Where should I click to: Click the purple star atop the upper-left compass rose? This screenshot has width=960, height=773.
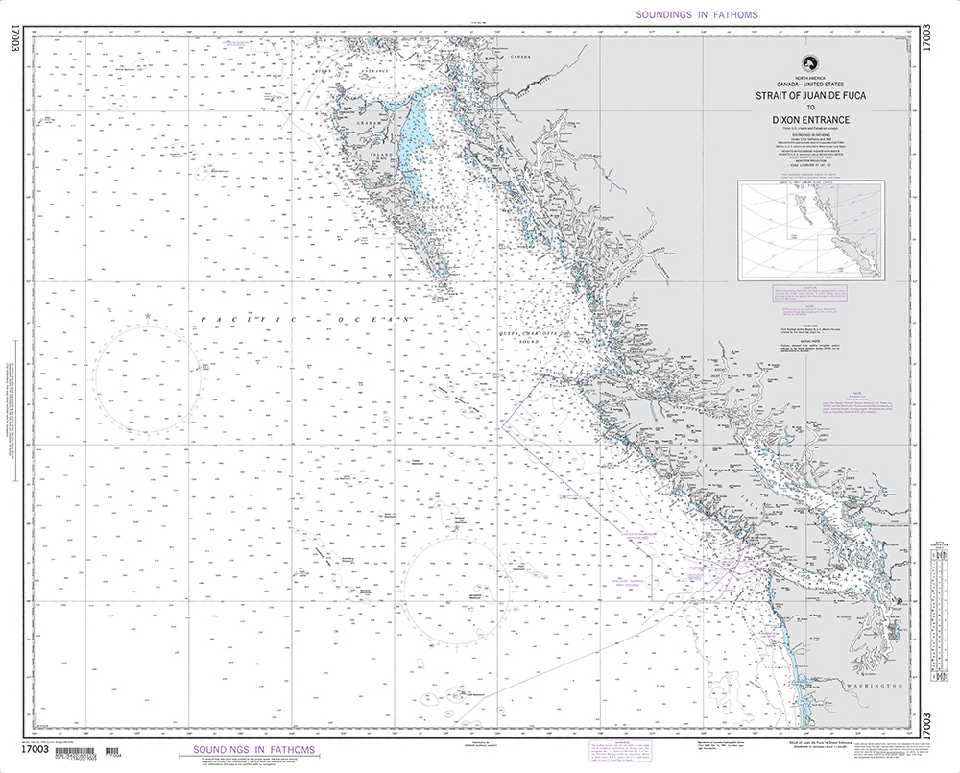click(147, 315)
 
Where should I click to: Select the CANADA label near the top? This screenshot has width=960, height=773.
click(519, 57)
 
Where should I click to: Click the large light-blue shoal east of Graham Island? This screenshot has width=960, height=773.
click(414, 134)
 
